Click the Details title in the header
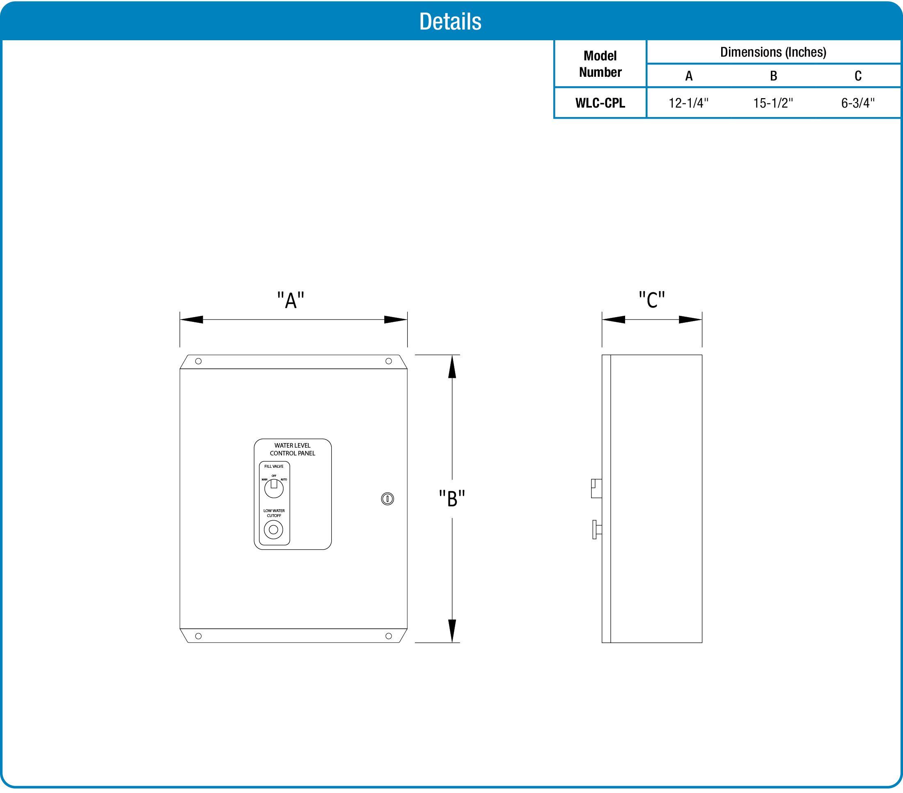450,21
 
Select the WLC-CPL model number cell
600,103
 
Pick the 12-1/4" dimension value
688,103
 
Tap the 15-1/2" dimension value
773,103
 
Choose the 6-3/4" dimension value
857,103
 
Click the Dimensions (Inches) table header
773,52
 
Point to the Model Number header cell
600,64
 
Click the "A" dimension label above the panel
291,301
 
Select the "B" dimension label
452,498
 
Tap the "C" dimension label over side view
652,300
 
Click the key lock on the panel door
387,499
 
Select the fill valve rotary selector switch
273,488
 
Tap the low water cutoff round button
273,529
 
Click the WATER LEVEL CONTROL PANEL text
293,449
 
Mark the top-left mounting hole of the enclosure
198,361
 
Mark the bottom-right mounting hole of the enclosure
388,636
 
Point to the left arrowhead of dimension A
191,319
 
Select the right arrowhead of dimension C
690,319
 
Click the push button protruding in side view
596,529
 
